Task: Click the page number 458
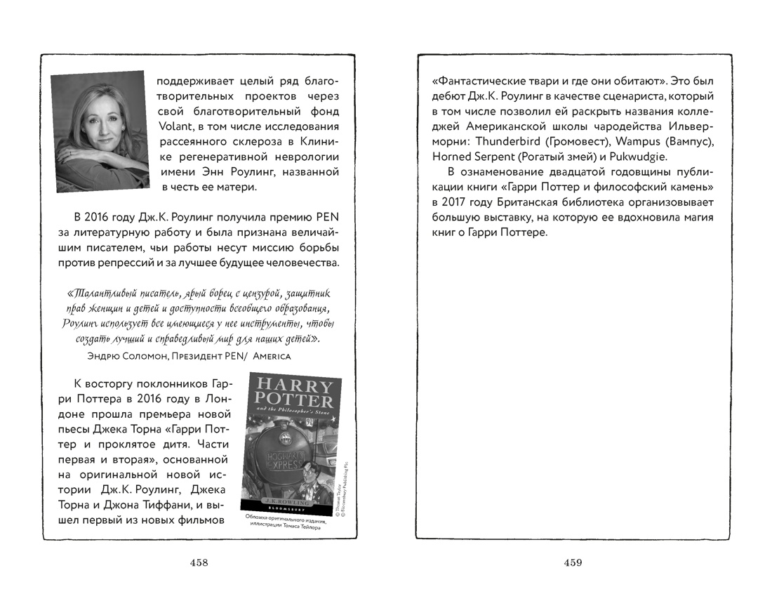tap(199, 562)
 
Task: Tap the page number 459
tap(573, 562)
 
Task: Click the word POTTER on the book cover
tap(292, 401)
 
